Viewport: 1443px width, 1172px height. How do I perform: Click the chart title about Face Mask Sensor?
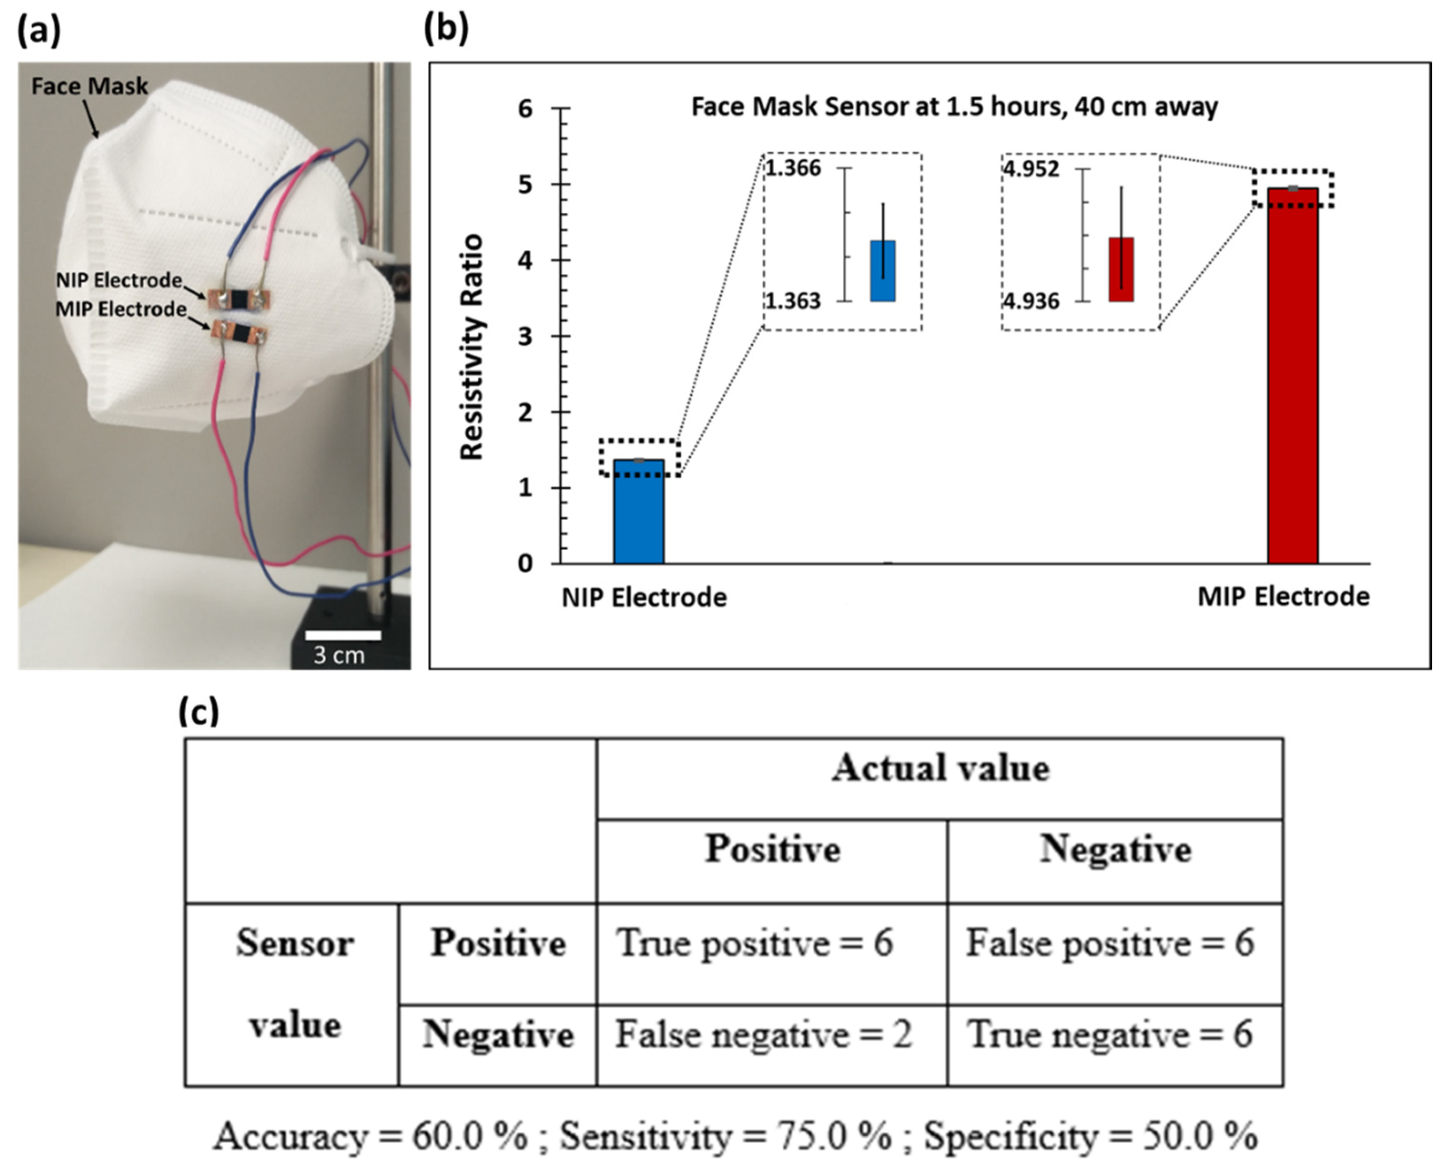click(954, 107)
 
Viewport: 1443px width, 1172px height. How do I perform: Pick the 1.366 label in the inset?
click(794, 168)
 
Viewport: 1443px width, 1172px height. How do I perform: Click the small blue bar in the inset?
click(882, 271)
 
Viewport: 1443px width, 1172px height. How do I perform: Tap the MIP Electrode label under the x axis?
click(1283, 597)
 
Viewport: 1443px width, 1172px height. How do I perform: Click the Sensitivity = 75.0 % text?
click(726, 1136)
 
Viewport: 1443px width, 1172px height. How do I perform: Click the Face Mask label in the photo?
click(90, 86)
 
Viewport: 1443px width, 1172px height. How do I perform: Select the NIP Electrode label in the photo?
click(119, 280)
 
